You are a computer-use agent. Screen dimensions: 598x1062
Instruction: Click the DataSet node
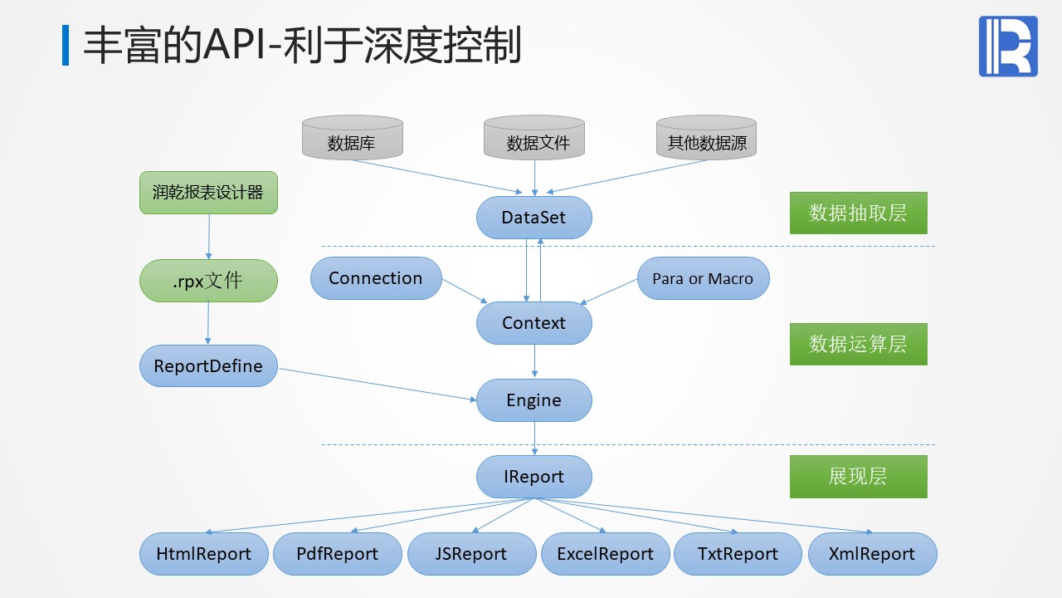point(533,218)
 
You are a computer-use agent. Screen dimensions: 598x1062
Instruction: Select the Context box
point(533,323)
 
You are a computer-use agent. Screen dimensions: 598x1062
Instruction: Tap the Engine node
point(533,400)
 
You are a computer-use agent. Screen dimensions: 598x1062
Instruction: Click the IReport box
point(533,477)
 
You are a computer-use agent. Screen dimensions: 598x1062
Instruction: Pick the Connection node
point(375,278)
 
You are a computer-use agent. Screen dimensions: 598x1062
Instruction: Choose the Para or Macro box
point(703,278)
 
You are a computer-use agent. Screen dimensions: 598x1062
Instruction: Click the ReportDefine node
point(207,366)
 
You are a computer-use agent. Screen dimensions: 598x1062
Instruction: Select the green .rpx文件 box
point(207,281)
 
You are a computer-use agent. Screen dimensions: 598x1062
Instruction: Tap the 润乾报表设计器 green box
point(207,193)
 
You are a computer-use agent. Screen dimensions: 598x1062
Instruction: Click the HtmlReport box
point(204,554)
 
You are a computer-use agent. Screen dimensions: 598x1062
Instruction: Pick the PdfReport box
point(337,554)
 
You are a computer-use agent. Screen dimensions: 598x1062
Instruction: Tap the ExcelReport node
point(605,554)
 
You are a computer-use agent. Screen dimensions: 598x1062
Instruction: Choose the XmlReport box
point(871,554)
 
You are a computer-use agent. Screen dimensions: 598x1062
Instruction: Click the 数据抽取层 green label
point(858,213)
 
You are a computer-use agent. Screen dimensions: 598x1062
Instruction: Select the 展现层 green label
point(858,477)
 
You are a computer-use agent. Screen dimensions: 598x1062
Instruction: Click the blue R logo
point(1008,47)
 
